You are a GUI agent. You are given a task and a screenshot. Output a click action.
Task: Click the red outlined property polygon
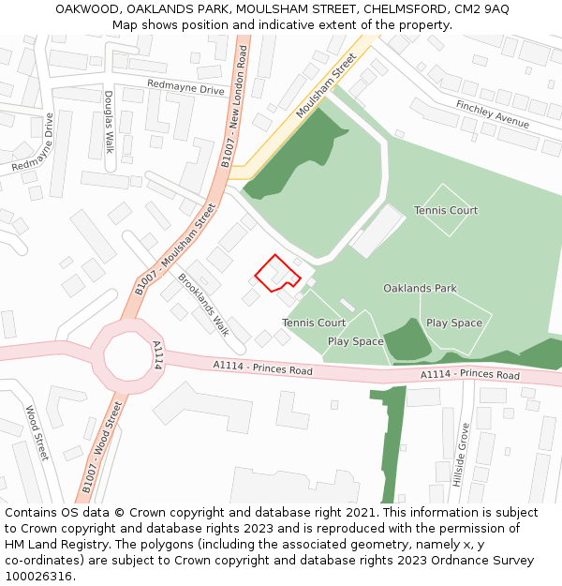click(x=276, y=274)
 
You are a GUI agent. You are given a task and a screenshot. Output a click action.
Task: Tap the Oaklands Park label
click(x=420, y=289)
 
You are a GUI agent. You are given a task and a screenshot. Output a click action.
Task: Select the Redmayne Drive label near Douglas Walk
click(x=186, y=88)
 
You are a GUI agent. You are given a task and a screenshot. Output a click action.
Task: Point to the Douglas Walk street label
click(x=109, y=123)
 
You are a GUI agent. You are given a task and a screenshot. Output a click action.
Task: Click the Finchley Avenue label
click(x=493, y=114)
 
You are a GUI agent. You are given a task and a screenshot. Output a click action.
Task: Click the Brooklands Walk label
click(x=203, y=305)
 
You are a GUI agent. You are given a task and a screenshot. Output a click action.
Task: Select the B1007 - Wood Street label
click(x=102, y=447)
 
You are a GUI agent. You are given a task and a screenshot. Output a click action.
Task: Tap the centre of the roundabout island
click(x=126, y=356)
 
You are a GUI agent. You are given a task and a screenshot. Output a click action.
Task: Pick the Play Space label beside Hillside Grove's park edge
click(x=454, y=323)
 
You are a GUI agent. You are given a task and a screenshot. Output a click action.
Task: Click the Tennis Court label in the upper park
click(x=446, y=211)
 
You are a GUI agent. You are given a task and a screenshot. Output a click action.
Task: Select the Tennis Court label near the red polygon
click(x=314, y=323)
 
